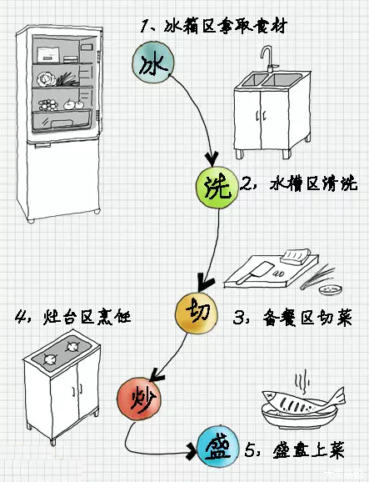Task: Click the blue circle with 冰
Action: point(152,63)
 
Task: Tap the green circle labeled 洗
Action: point(215,187)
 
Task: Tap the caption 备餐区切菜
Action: point(298,318)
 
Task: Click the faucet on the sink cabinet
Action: point(267,58)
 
